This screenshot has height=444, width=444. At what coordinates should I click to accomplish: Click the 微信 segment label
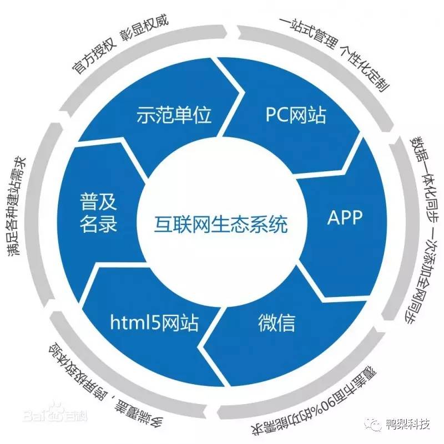tap(276, 322)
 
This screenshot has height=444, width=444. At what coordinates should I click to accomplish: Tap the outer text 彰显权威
tap(145, 25)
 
